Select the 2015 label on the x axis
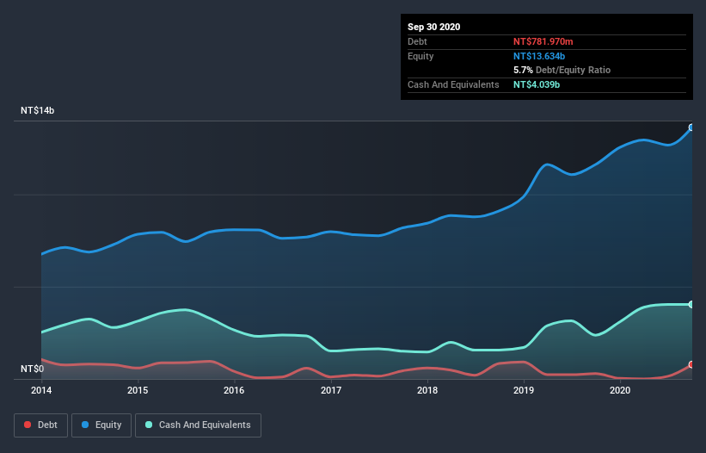pyautogui.click(x=138, y=390)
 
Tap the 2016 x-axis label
pyautogui.click(x=234, y=390)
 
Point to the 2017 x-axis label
pyautogui.click(x=331, y=390)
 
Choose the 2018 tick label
pyautogui.click(x=427, y=390)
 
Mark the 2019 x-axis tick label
pyautogui.click(x=524, y=390)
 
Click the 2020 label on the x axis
pyautogui.click(x=620, y=390)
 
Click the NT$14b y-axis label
pyautogui.click(x=39, y=111)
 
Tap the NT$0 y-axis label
pyautogui.click(x=33, y=369)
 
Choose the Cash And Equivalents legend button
pyautogui.click(x=198, y=425)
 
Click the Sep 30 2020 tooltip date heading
pyautogui.click(x=433, y=27)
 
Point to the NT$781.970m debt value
pyautogui.click(x=543, y=41)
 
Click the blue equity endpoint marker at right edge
pyautogui.click(x=691, y=127)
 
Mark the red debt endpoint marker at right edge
pyautogui.click(x=691, y=365)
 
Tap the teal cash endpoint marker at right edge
pyautogui.click(x=691, y=304)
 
